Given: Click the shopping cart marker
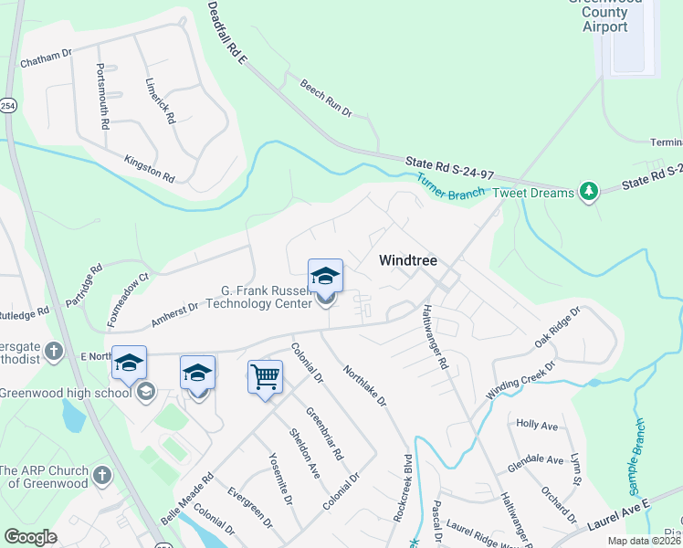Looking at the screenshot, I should [265, 376].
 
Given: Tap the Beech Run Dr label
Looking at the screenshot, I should [326, 97].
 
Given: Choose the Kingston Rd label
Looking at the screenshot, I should [149, 167].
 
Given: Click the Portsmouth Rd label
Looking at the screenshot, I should [104, 95].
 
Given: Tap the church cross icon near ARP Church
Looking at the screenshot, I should [102, 475].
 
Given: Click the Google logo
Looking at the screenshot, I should [30, 536].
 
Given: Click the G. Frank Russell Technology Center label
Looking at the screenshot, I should [247, 298].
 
